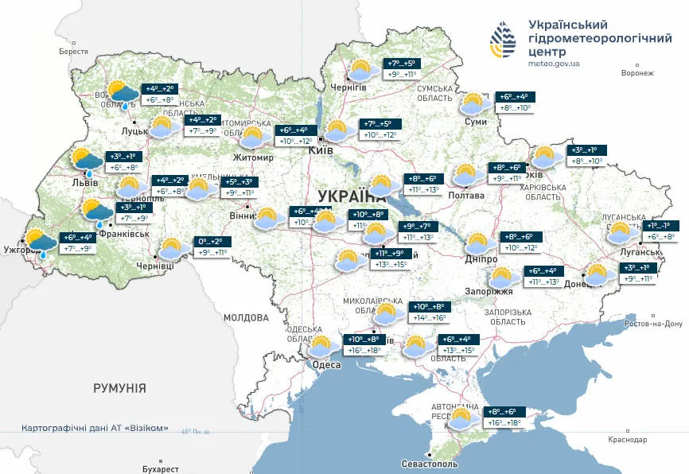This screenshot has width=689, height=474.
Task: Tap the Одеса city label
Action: click(325, 365)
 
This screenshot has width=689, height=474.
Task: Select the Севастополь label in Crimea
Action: click(430, 463)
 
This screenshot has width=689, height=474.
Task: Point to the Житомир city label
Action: click(253, 157)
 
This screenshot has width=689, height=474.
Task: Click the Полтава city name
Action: click(466, 195)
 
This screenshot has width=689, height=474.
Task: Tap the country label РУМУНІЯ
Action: click(119, 388)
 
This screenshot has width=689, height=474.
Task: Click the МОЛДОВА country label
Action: click(246, 317)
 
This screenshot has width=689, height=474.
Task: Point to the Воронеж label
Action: click(636, 73)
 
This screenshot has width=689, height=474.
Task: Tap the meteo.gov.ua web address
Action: click(554, 63)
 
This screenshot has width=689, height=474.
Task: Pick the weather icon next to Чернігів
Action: click(362, 69)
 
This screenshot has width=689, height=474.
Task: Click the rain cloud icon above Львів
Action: click(88, 161)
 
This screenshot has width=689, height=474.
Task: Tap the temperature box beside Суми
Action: click(515, 102)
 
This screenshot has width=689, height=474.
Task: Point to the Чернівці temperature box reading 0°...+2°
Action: click(212, 247)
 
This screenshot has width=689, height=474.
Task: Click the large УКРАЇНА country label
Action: click(350, 196)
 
